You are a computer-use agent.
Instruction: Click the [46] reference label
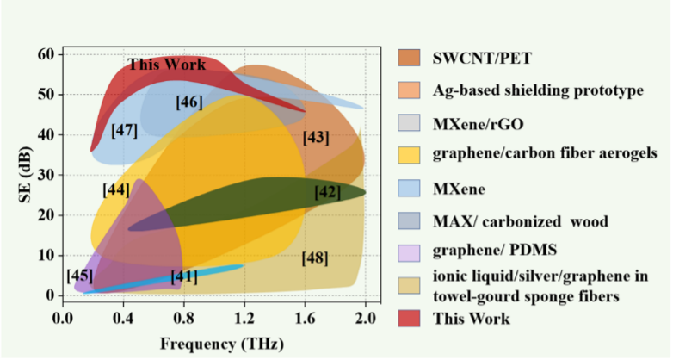[x=188, y=102]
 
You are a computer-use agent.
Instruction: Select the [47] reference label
[x=125, y=131]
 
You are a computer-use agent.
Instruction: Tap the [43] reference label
[x=316, y=137]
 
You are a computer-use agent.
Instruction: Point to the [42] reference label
[x=327, y=192]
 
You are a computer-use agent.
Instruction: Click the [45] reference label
[x=80, y=276]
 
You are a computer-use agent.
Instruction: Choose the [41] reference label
[x=183, y=276]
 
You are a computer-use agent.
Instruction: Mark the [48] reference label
[x=315, y=258]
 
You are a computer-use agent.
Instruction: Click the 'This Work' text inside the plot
[x=162, y=64]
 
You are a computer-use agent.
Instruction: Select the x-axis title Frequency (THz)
[x=214, y=344]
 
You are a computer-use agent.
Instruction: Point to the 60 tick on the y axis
[x=46, y=54]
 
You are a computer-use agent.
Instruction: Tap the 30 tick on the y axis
[x=46, y=175]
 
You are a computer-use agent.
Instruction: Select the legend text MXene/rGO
[x=478, y=123]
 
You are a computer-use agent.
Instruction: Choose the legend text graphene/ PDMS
[x=492, y=253]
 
